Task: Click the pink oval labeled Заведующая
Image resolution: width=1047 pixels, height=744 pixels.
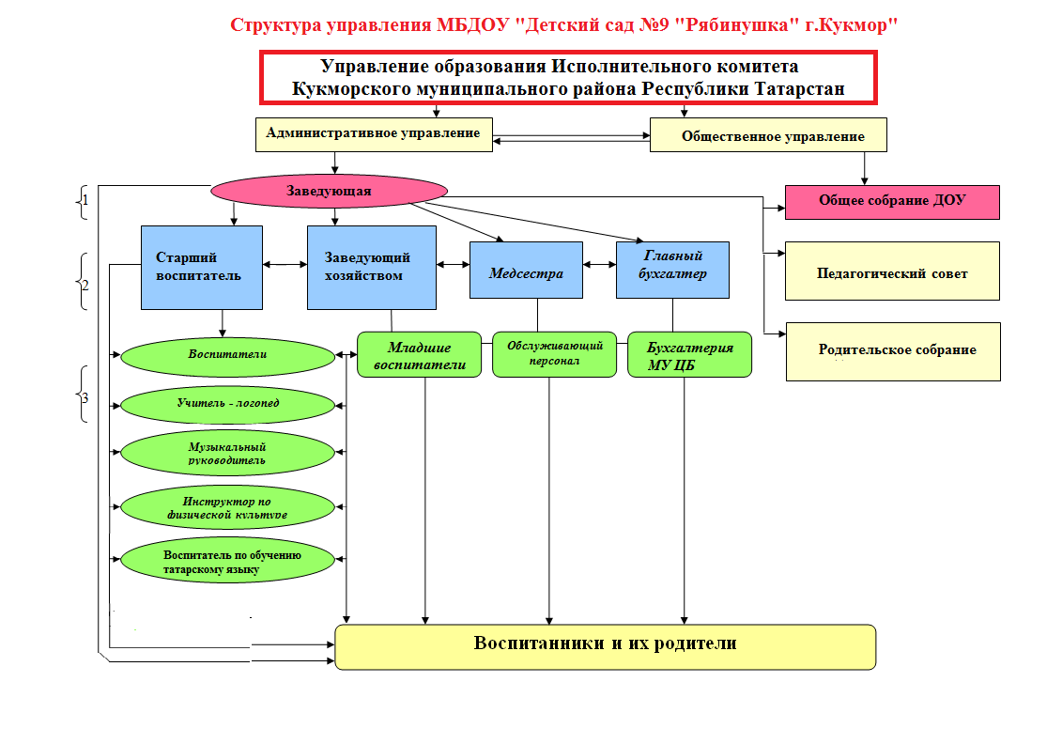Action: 329,191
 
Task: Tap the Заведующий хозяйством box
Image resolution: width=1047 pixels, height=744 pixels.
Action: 372,267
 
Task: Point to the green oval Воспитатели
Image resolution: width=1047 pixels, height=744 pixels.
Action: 228,355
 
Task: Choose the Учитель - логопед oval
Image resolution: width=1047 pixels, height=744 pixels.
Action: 228,404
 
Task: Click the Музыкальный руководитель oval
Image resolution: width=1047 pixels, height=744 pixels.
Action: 228,454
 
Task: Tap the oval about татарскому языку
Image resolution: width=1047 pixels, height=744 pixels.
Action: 228,561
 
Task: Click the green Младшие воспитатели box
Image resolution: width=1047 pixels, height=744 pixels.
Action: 420,355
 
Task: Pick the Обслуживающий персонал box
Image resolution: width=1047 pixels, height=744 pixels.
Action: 554,353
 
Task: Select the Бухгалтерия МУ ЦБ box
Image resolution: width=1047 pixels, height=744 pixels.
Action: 689,355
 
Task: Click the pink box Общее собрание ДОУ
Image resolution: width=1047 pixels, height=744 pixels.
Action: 891,201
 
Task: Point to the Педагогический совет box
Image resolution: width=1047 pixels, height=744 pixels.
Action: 891,273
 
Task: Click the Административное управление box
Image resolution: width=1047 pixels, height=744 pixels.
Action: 373,133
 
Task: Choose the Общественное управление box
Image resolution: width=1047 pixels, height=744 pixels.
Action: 769,136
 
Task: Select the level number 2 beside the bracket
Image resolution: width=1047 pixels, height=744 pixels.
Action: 85,282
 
